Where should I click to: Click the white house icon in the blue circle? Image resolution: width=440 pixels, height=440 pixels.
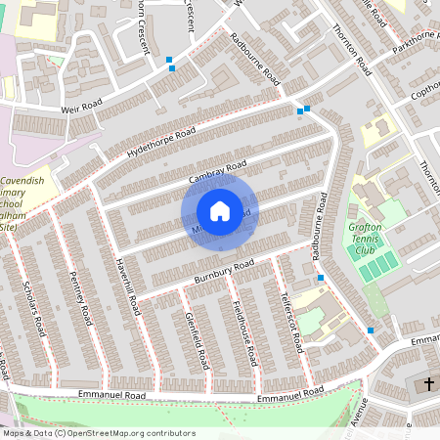pos(220,211)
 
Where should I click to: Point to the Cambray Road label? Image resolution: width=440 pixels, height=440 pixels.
pos(216,171)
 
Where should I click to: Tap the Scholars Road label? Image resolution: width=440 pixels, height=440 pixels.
pos(32,309)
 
